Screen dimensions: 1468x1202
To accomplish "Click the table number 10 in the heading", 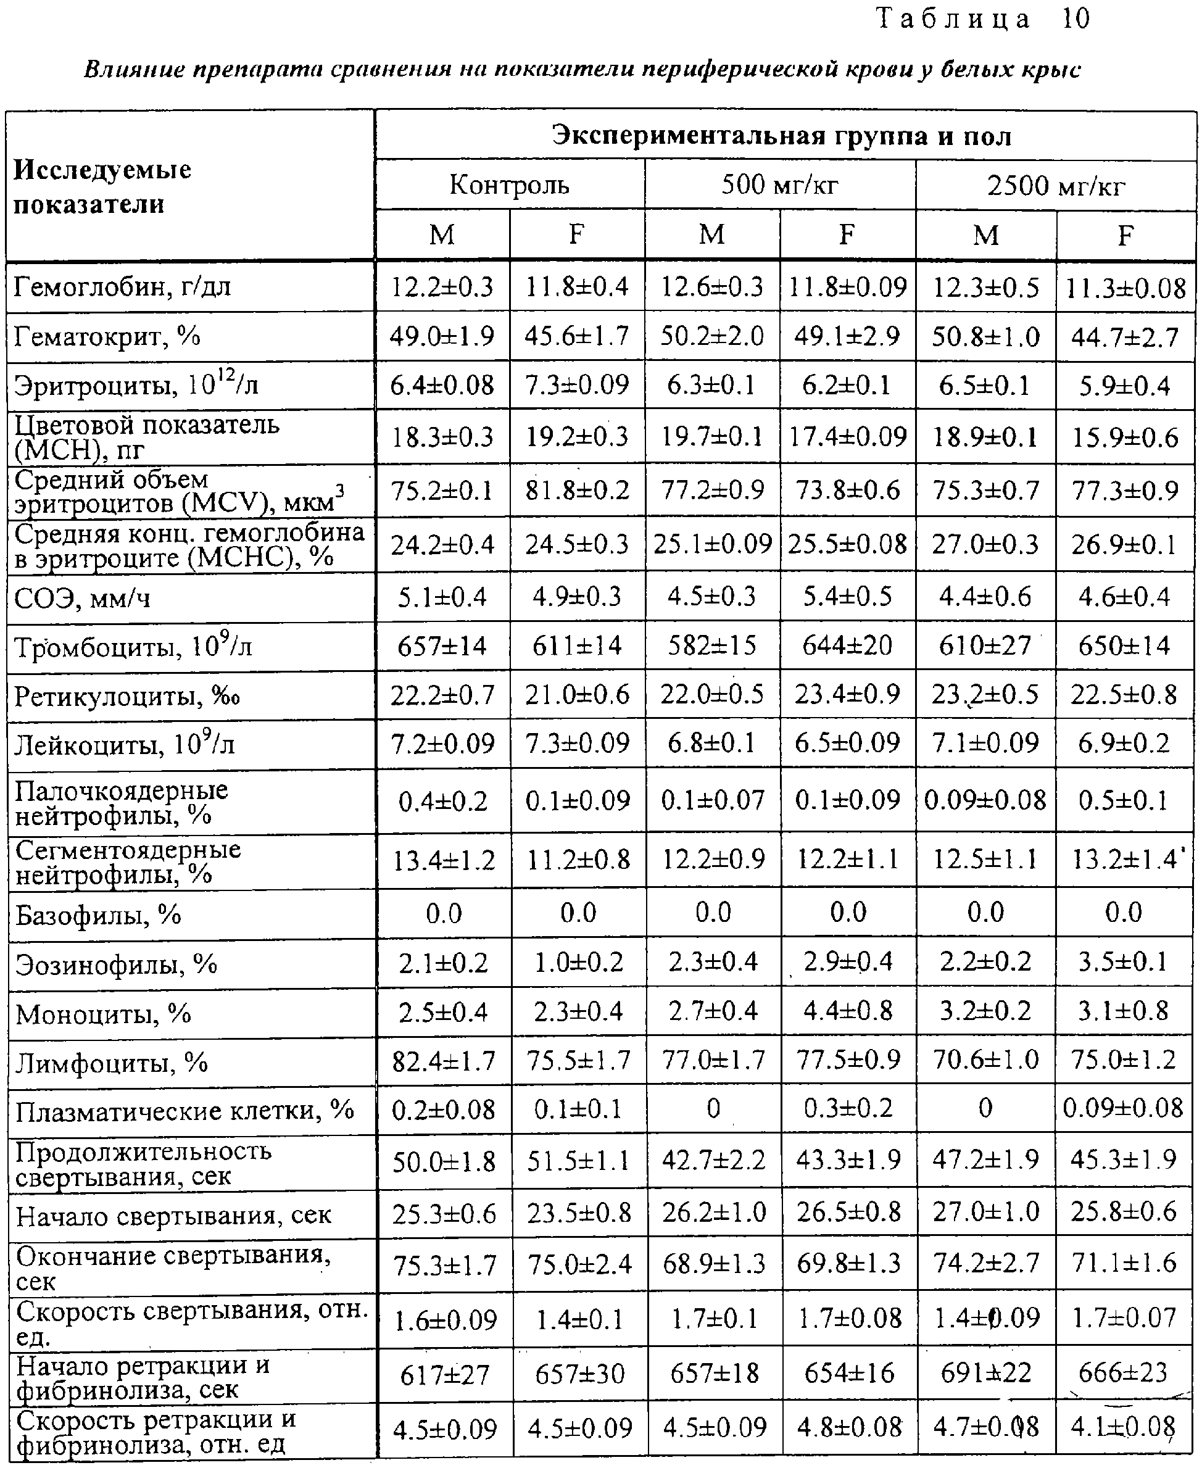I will (1076, 19).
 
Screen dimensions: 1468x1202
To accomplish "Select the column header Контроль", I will (509, 185).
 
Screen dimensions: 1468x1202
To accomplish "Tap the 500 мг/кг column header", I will (780, 185).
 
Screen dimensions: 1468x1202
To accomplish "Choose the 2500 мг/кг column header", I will (1056, 186).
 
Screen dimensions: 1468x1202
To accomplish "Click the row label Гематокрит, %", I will (107, 336).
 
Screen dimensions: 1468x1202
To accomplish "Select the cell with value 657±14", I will (442, 646).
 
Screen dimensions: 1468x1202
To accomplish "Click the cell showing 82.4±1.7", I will (443, 1060).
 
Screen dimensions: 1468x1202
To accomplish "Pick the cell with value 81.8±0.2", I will (578, 490).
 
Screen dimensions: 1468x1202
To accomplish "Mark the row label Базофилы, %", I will (98, 914).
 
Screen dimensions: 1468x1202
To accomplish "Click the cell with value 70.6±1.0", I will (986, 1060).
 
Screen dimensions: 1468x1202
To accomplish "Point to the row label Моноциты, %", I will (103, 1014).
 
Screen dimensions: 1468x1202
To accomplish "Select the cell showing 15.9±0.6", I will (1125, 437).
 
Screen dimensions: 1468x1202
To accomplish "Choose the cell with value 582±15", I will (713, 646).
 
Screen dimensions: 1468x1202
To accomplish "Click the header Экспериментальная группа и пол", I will (782, 136).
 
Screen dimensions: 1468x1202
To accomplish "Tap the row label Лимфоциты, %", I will (112, 1062).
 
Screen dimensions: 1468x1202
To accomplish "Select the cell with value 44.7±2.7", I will (1125, 337).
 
